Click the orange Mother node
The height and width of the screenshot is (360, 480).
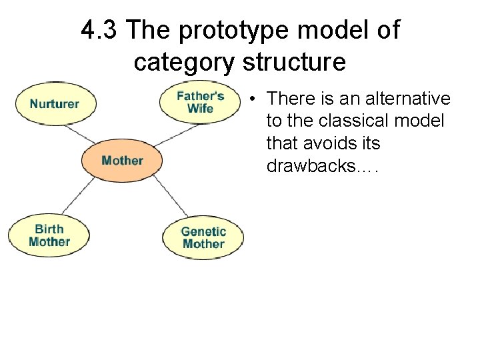pos(122,161)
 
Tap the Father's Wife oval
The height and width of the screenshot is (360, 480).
pos(200,101)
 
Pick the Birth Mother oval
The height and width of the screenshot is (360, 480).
pos(49,235)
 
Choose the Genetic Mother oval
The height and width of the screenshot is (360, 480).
pos(203,238)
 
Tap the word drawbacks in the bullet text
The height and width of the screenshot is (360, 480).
pos(313,165)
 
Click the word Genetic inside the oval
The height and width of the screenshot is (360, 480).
pos(203,232)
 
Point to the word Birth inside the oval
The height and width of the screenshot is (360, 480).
pos(49,229)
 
